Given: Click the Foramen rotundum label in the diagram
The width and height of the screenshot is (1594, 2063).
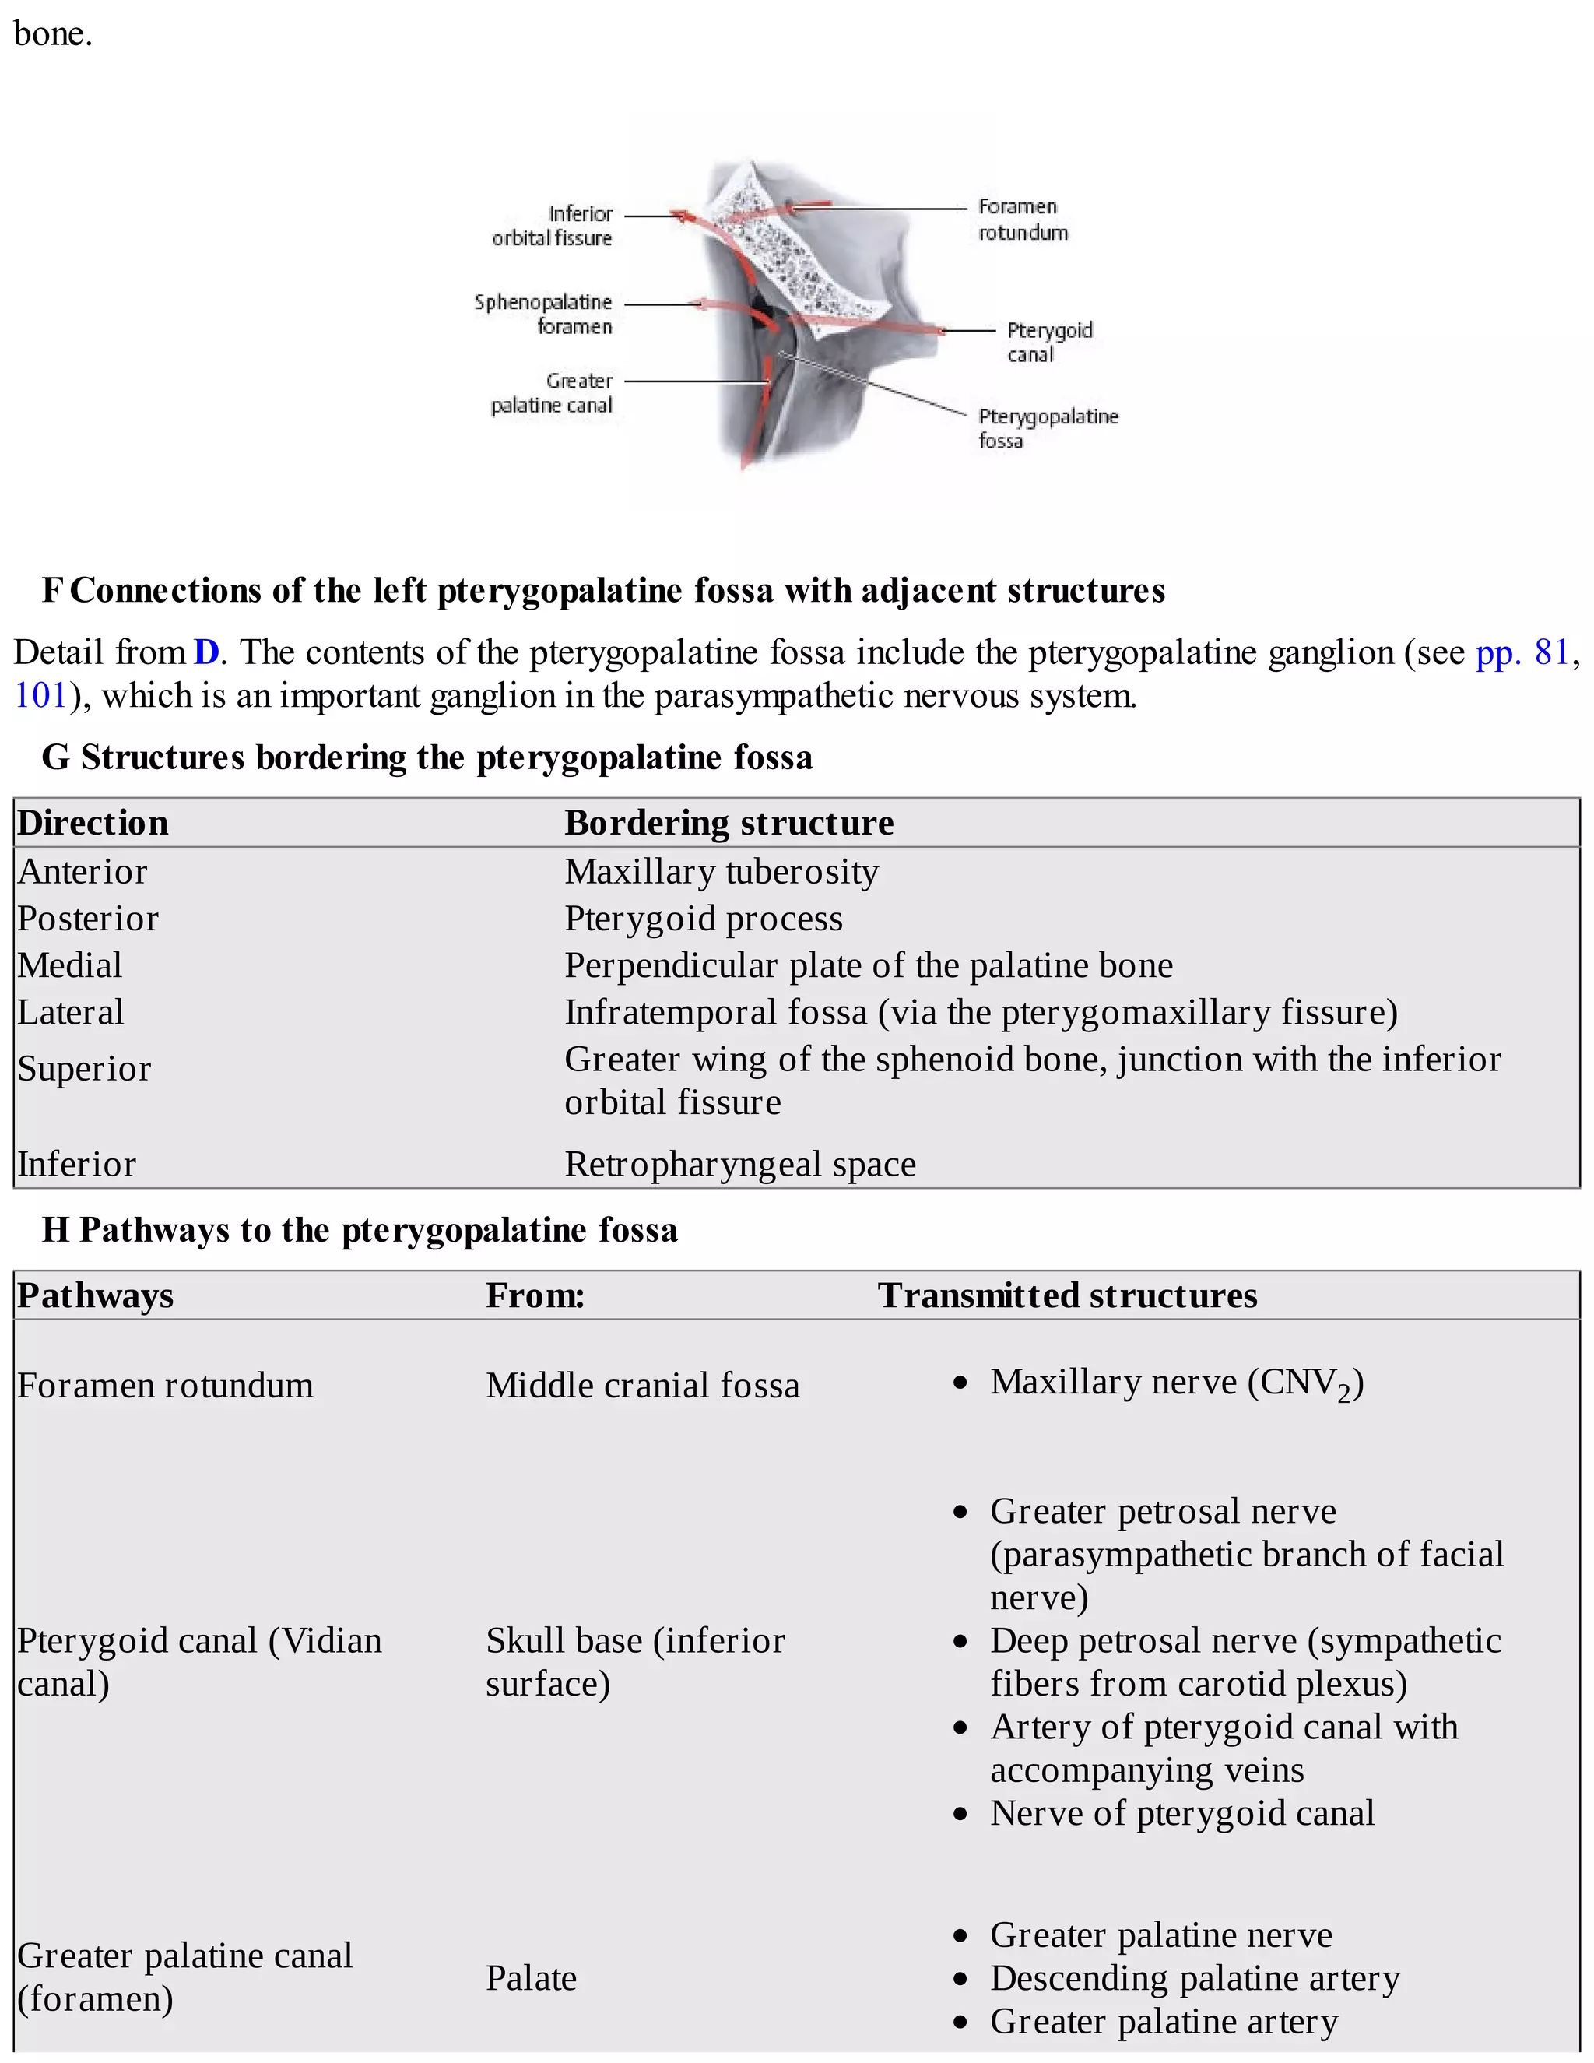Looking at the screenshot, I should pos(1022,220).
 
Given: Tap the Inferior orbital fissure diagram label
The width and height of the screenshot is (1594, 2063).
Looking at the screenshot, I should pos(553,226).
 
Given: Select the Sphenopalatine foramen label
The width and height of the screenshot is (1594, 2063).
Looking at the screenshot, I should pos(543,314).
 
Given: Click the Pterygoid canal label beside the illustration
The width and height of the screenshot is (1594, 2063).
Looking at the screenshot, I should pos(1048,342).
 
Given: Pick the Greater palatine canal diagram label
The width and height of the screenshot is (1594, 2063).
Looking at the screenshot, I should pos(553,393).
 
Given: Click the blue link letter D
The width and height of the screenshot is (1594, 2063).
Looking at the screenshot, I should pos(205,652).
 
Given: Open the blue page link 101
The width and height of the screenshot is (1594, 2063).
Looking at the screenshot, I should pos(40,696).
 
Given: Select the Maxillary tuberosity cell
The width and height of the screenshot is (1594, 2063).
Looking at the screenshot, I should pos(722,871).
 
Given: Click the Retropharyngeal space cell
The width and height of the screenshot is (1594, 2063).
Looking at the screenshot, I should pos(739,1164).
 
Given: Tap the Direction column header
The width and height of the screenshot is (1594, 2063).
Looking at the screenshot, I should pos(93,823).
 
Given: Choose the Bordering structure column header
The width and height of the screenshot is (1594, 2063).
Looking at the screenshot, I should pos(728,823).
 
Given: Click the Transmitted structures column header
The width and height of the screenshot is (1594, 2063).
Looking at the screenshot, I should pos(1067,1295).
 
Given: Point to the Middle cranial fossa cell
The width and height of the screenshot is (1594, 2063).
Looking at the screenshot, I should pos(642,1385).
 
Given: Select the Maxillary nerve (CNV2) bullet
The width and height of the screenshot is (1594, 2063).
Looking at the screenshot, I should pos(1176,1383).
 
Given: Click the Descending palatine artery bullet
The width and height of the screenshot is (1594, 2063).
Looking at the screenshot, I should pos(1194,1977).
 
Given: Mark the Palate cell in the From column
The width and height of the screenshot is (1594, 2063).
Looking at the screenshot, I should pos(531,1978).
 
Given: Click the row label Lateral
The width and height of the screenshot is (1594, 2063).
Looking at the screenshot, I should pos(71,1012).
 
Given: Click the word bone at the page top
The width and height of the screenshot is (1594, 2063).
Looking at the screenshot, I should pos(52,34).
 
